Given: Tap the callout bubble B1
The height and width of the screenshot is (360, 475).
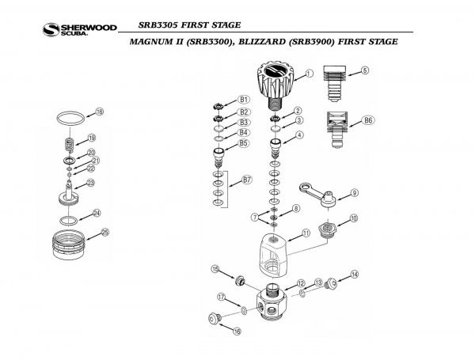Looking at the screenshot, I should [245, 100].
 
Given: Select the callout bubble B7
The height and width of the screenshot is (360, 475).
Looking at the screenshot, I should [246, 181].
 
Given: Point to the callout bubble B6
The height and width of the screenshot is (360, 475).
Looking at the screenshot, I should [368, 120].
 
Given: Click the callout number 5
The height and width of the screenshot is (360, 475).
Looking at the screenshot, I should [364, 70].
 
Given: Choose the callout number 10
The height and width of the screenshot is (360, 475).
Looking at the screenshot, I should [354, 218].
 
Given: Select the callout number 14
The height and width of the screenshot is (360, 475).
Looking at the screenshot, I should [355, 274].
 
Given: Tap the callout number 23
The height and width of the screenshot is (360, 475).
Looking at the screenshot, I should [91, 184].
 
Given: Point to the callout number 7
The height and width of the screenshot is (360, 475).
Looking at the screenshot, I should [254, 216].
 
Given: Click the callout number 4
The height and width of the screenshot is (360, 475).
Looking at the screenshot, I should [299, 135].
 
